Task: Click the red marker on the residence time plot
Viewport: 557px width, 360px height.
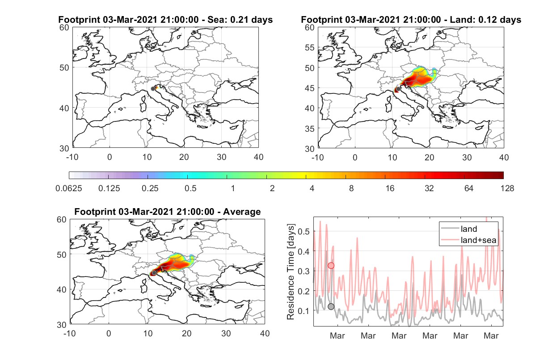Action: (x=331, y=266)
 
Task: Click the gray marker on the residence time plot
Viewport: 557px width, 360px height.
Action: (x=331, y=306)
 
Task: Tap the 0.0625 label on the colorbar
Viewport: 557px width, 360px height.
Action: (x=69, y=188)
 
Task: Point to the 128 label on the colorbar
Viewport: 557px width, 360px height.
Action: (x=507, y=188)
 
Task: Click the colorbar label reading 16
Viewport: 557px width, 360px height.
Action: (x=390, y=188)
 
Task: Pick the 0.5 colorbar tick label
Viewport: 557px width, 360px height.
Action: (x=190, y=188)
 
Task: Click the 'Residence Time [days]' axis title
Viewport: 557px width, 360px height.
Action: (x=291, y=272)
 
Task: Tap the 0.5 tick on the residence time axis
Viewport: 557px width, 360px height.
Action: (x=304, y=231)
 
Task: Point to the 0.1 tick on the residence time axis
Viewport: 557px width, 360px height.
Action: (x=304, y=311)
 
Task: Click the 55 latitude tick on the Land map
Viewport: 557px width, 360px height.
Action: (x=310, y=47)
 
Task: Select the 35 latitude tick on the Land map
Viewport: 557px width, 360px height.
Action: (x=310, y=129)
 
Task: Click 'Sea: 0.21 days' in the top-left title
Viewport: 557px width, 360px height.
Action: (x=240, y=20)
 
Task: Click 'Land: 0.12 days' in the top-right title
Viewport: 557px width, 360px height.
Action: (x=485, y=20)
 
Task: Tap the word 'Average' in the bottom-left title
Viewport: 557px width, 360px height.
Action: (x=242, y=212)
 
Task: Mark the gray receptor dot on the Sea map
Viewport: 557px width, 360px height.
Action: (x=153, y=89)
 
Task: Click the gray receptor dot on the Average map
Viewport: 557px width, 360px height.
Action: (x=154, y=273)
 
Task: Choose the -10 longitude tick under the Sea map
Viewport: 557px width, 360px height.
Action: (x=72, y=157)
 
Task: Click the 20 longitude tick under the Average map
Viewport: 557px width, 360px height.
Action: (x=186, y=333)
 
